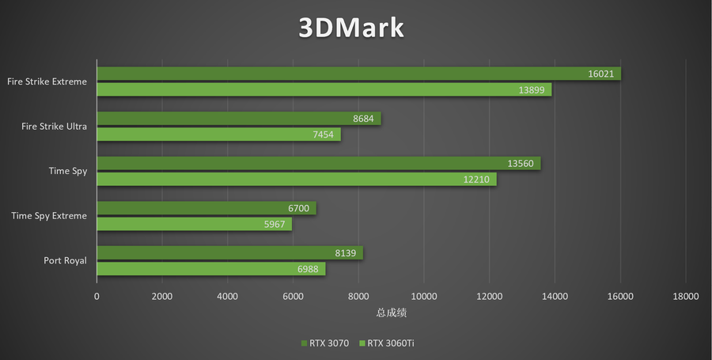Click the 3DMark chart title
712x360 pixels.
[x=351, y=28]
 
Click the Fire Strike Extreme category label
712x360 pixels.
[x=47, y=81]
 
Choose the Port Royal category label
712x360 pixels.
[x=66, y=260]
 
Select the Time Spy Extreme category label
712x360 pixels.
[x=49, y=216]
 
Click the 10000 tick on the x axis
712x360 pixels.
[x=423, y=297]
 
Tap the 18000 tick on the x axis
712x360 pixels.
[x=685, y=297]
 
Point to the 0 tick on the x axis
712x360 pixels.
[x=97, y=297]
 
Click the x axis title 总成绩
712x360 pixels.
[x=391, y=313]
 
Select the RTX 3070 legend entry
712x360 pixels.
[x=324, y=343]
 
